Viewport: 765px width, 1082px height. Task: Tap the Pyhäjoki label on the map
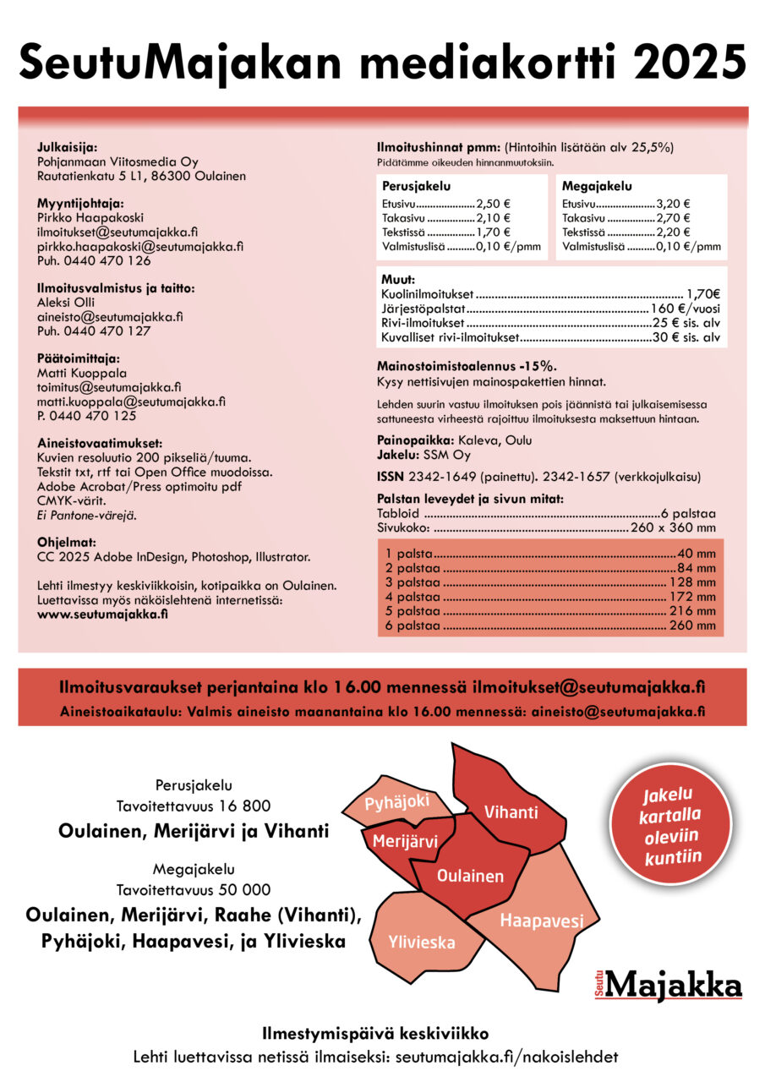click(397, 802)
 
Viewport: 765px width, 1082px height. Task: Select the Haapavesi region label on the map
click(541, 921)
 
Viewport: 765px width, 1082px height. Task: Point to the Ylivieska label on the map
click(422, 942)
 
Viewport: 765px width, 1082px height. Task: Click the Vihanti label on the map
click(511, 812)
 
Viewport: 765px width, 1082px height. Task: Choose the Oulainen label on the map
click(470, 876)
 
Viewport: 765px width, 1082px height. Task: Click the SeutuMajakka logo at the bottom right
click(668, 985)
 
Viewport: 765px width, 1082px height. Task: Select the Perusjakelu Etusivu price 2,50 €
click(494, 204)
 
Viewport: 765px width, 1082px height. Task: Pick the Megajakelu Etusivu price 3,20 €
click(673, 204)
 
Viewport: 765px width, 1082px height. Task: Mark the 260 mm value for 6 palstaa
click(694, 626)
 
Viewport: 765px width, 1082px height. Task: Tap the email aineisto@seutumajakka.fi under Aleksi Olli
click(110, 317)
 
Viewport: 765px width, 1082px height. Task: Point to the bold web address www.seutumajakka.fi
click(102, 614)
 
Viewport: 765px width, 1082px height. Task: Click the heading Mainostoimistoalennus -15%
click(466, 366)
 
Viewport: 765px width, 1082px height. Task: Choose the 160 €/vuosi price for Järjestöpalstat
click(686, 309)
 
